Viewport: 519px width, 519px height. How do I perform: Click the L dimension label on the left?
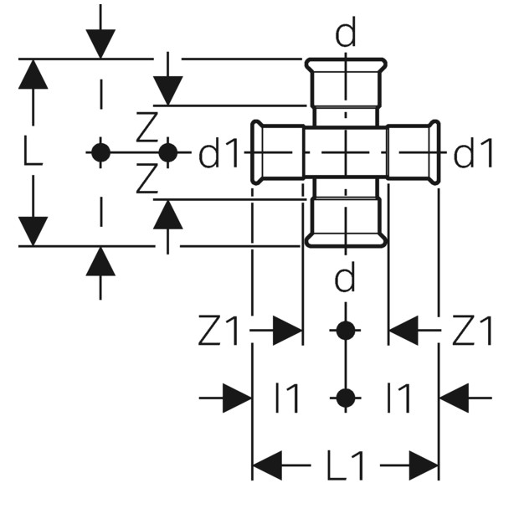pyautogui.click(x=33, y=152)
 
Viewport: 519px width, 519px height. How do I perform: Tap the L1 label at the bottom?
pyautogui.click(x=346, y=465)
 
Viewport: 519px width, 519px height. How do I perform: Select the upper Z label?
pyautogui.click(x=146, y=127)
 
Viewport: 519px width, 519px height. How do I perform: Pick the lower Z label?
pyautogui.click(x=146, y=178)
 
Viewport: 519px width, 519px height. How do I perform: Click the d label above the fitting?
pyautogui.click(x=346, y=32)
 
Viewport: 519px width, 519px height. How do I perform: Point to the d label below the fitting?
pyautogui.click(x=345, y=277)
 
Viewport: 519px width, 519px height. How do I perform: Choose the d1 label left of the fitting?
pyautogui.click(x=218, y=153)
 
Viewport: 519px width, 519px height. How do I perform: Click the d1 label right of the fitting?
pyautogui.click(x=473, y=153)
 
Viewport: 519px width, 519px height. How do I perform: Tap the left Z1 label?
pyautogui.click(x=218, y=331)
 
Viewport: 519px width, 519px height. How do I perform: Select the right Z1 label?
pyautogui.click(x=472, y=331)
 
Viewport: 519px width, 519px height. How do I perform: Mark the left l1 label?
pyautogui.click(x=287, y=398)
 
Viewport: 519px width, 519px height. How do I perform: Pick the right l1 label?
pyautogui.click(x=398, y=398)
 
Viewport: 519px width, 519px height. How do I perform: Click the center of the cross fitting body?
pyautogui.click(x=346, y=152)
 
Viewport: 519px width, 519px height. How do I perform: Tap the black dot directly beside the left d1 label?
pyautogui.click(x=168, y=152)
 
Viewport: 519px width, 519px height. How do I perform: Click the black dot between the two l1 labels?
pyautogui.click(x=346, y=398)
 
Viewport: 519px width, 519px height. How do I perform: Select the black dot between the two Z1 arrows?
pyautogui.click(x=346, y=331)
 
